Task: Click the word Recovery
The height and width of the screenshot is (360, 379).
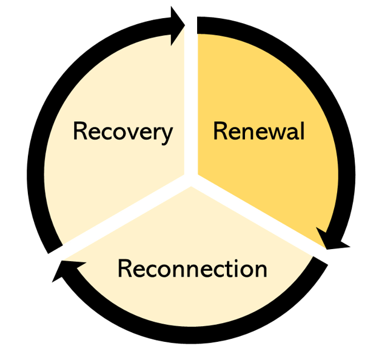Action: pyautogui.click(x=123, y=131)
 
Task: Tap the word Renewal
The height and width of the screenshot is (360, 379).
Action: pyautogui.click(x=258, y=131)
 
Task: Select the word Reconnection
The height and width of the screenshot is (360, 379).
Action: pyautogui.click(x=192, y=268)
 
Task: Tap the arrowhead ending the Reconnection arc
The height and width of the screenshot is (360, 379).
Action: pyautogui.click(x=62, y=272)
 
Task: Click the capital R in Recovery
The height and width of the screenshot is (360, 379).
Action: pyautogui.click(x=81, y=131)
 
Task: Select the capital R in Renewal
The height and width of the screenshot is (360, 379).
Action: pyautogui.click(x=220, y=131)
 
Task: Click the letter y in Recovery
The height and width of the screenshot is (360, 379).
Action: pyautogui.click(x=166, y=135)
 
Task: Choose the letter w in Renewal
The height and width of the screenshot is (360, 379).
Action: pyautogui.click(x=275, y=132)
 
